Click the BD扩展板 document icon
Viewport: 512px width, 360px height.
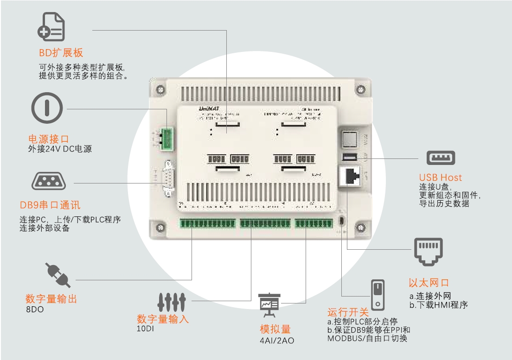click(x=51, y=27)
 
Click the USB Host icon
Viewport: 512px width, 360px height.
click(x=441, y=158)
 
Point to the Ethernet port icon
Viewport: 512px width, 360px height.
click(x=428, y=252)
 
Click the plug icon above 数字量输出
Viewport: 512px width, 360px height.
click(x=58, y=275)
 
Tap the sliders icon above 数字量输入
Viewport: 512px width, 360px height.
click(x=172, y=302)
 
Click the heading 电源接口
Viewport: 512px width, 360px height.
click(x=49, y=139)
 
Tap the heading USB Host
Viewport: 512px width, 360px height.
click(x=441, y=177)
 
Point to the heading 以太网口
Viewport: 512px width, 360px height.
click(x=429, y=283)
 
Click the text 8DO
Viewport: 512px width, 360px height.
click(x=34, y=309)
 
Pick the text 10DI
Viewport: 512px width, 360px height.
click(x=145, y=329)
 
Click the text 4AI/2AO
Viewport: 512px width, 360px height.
click(x=277, y=341)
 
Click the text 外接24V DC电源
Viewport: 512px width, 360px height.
click(x=60, y=149)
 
